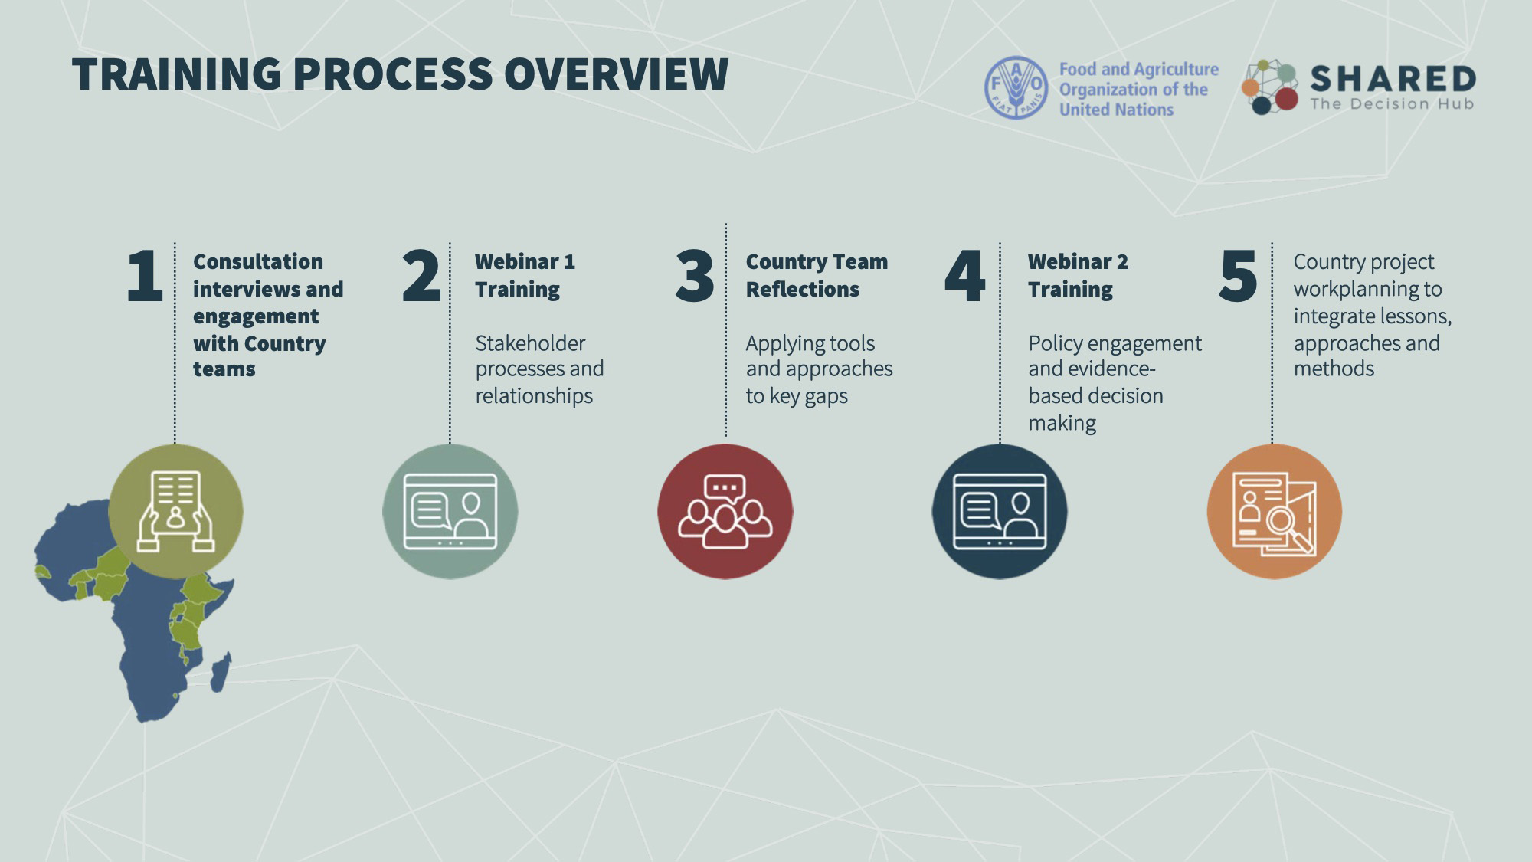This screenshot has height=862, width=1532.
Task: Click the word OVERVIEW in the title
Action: click(616, 74)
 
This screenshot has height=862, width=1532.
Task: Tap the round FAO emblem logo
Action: click(1016, 87)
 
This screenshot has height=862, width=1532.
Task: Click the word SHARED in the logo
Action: click(1393, 79)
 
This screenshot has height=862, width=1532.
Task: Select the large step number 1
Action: click(145, 276)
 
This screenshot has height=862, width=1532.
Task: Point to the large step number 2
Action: click(421, 276)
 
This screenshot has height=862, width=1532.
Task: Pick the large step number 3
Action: click(695, 276)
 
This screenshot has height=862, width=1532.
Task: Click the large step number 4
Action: click(964, 276)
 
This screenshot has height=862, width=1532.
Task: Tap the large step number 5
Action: click(1238, 276)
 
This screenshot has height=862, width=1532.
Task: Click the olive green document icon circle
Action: click(175, 511)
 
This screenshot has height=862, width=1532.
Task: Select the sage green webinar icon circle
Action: click(450, 511)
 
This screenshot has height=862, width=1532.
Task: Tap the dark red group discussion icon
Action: click(725, 511)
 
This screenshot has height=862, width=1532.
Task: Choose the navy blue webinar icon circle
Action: click(1000, 511)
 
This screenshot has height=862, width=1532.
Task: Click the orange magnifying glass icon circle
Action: click(1274, 511)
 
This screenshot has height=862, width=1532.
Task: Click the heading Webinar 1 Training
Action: click(525, 275)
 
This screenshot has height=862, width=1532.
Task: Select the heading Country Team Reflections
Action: click(817, 275)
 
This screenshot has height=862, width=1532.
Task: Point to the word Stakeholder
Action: click(530, 343)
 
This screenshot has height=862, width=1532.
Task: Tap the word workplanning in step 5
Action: click(1367, 289)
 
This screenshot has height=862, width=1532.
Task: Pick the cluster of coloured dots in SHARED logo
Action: click(1269, 87)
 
